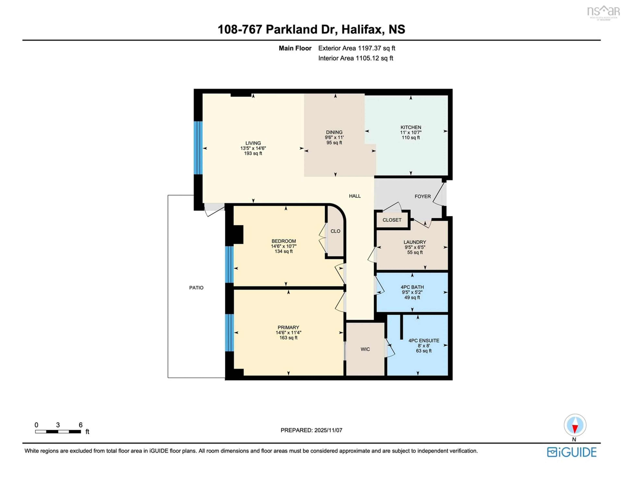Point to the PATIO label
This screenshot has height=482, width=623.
[x=196, y=288]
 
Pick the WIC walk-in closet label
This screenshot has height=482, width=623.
[x=365, y=349]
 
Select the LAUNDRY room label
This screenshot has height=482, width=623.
[x=415, y=242]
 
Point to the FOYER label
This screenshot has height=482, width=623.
[x=422, y=197]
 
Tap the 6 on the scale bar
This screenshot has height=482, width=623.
[x=81, y=425]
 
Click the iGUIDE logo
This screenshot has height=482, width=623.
[x=572, y=452]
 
